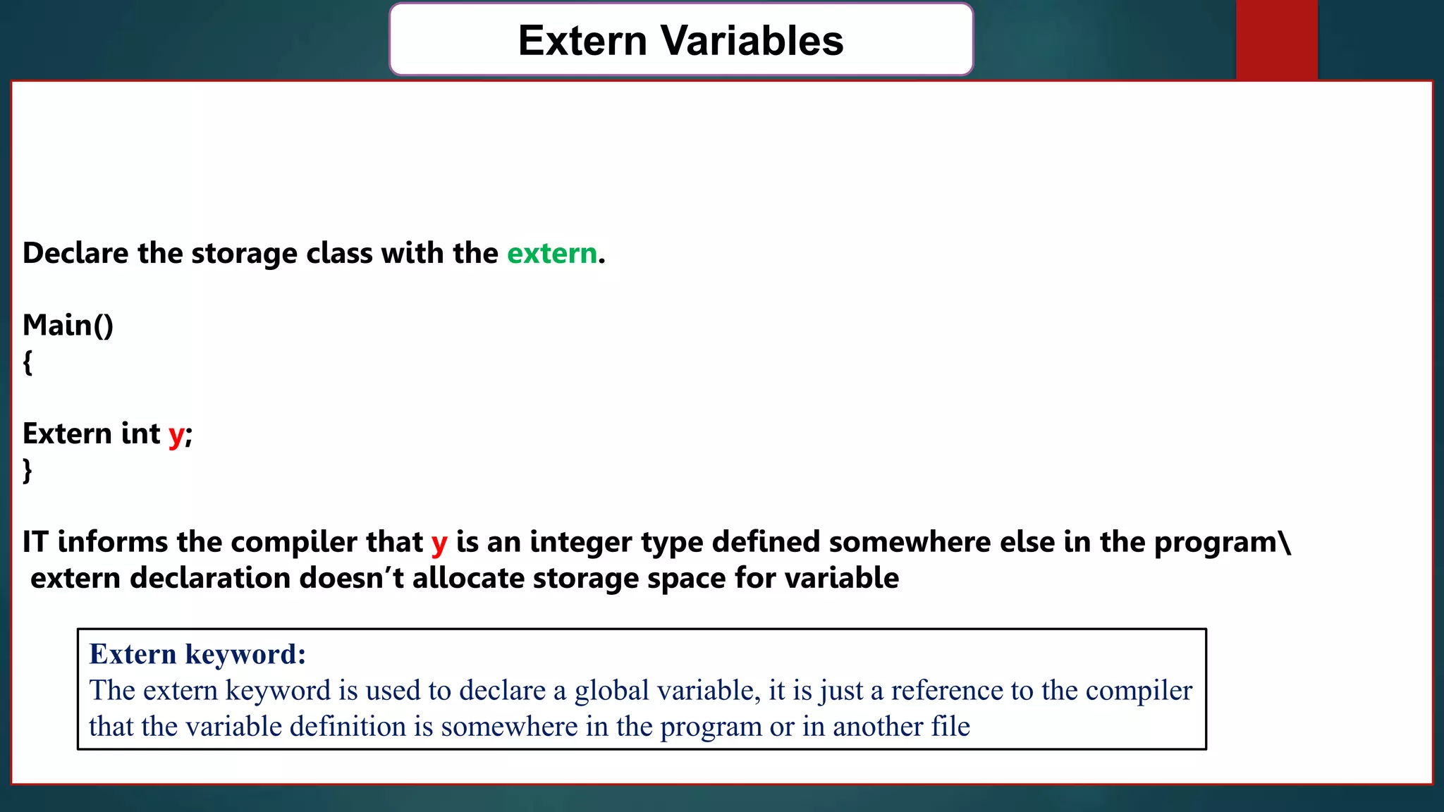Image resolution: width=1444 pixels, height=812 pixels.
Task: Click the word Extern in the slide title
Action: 582,40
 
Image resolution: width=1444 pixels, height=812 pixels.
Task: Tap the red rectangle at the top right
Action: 1276,39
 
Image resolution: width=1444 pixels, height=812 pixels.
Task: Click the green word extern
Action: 552,253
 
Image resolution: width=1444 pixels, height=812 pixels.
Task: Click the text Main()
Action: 68,325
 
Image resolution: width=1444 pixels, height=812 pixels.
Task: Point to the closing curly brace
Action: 27,469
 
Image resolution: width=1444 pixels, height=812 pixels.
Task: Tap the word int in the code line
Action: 140,433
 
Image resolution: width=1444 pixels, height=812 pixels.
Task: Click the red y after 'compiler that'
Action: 439,543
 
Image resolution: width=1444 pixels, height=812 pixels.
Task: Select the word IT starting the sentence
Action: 35,541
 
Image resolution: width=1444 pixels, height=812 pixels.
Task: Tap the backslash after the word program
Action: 1286,541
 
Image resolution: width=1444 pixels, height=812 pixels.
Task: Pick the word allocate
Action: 468,578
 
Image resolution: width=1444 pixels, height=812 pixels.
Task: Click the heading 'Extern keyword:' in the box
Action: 197,654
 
